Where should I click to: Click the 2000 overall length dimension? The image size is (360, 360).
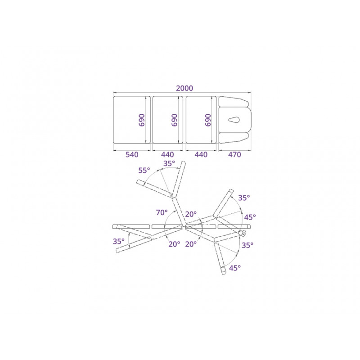coord(184,88)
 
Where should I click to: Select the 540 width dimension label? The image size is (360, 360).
coord(132,154)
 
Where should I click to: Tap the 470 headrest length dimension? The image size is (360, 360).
coord(234,154)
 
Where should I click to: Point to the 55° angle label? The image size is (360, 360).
coord(144,171)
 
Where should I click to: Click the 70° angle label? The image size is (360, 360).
coord(162,212)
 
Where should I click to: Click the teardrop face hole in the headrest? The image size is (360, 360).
coord(234,120)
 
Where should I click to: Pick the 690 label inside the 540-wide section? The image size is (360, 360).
coord(142,120)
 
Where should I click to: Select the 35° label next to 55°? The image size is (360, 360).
coord(169,163)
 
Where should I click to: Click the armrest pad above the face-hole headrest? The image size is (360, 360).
coord(233,102)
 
